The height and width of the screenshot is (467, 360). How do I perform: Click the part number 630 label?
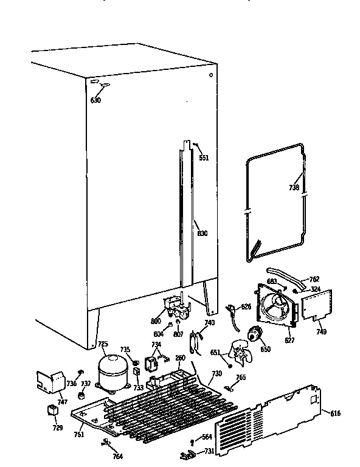[96, 100]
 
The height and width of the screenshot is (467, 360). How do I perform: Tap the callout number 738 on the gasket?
[294, 188]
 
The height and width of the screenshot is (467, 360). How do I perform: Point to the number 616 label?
[335, 413]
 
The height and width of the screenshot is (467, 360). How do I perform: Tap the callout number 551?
[204, 158]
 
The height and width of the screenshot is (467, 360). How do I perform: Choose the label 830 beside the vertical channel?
[202, 232]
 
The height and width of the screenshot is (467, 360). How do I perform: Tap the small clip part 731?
[188, 453]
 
